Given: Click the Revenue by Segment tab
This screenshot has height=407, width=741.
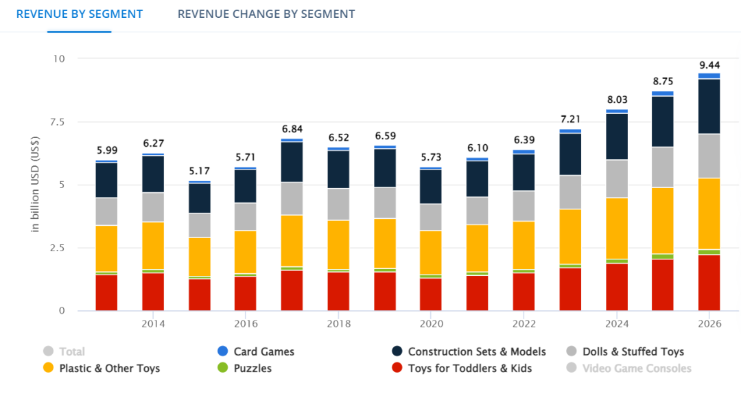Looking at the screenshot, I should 80,14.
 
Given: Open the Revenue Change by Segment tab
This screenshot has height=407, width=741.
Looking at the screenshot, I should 266,14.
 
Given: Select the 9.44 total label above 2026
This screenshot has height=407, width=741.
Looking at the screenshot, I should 709,65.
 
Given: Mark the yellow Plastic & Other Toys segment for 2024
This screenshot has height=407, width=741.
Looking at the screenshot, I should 617,228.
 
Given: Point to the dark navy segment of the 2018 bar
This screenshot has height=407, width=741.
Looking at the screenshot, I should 339,169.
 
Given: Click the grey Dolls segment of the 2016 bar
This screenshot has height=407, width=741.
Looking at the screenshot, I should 246,216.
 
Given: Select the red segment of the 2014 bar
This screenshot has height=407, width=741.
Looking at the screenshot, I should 153,292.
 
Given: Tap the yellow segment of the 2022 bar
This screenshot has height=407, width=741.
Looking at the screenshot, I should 524,245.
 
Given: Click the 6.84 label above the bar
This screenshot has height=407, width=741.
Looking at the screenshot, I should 292,129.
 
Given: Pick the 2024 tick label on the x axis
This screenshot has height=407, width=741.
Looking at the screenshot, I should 617,324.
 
